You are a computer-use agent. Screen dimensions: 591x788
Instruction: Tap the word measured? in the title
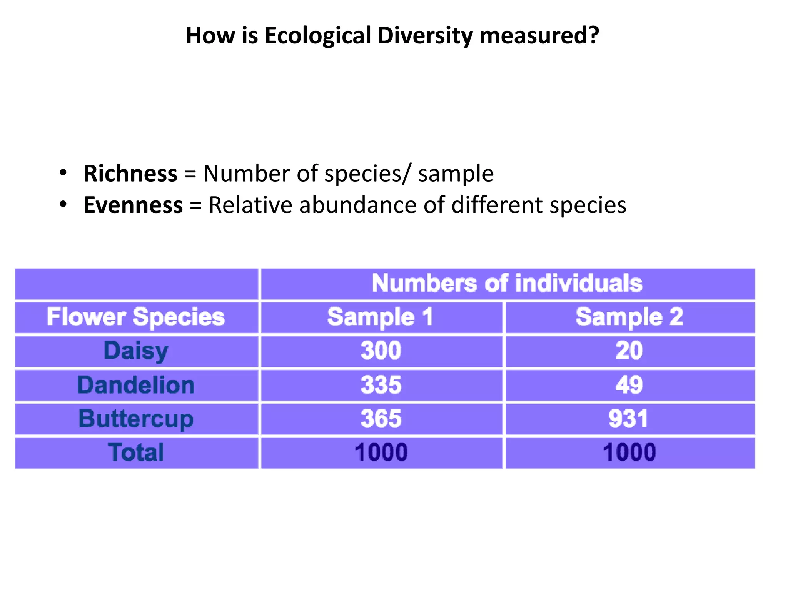[x=539, y=36]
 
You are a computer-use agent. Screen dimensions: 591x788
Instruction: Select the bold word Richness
[x=130, y=174]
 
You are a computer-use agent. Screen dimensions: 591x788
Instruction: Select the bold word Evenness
[x=133, y=205]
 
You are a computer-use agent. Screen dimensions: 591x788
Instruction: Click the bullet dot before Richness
[x=63, y=172]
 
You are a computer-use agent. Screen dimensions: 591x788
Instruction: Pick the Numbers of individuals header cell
[x=507, y=284]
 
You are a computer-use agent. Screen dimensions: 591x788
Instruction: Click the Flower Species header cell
[x=136, y=317]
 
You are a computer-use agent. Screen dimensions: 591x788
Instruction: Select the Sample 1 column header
[x=381, y=317]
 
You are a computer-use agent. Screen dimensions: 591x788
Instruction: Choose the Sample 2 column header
[x=629, y=317]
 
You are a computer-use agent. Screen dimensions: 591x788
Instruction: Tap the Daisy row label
[x=136, y=351]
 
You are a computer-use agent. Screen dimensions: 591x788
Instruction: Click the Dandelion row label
[x=136, y=385]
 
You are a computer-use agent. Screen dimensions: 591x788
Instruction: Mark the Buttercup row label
[x=136, y=419]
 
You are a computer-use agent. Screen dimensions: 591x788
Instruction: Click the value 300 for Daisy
[x=381, y=351]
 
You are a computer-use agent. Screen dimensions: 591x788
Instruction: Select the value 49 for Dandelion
[x=629, y=385]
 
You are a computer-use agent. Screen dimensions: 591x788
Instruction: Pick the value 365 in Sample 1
[x=381, y=419]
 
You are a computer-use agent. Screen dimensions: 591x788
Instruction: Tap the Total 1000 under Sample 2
[x=629, y=452]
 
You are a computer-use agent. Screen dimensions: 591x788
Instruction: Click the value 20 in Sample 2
[x=629, y=351]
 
